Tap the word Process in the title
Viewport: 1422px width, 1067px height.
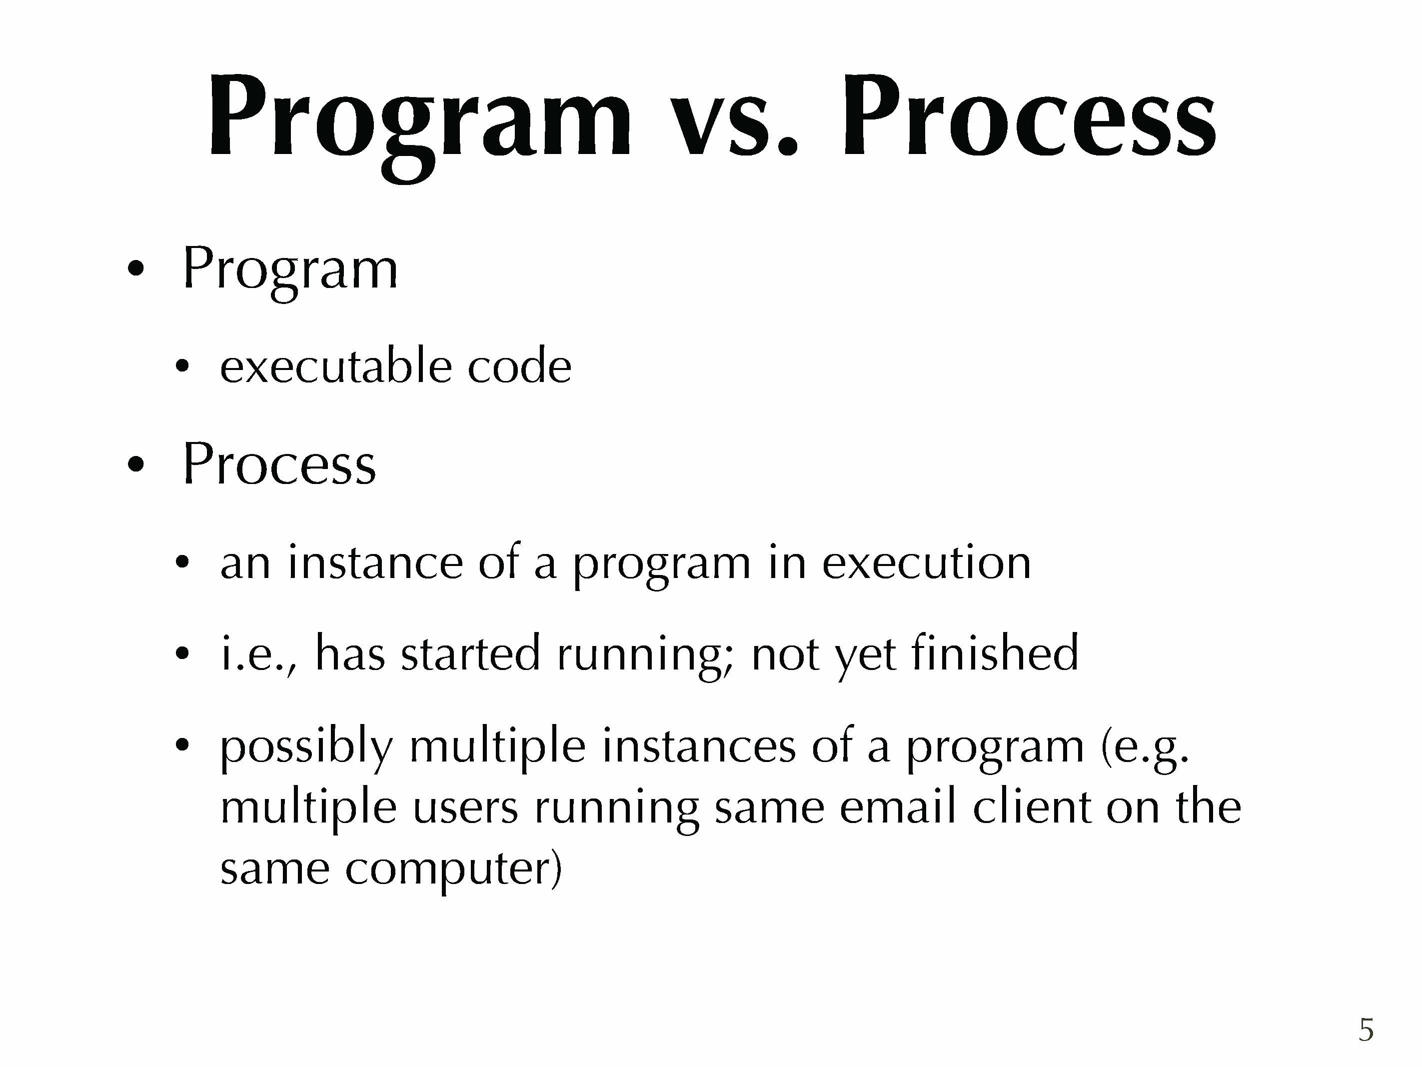[x=1029, y=116]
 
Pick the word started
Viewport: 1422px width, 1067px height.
[x=470, y=653]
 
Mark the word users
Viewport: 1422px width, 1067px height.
[x=465, y=809]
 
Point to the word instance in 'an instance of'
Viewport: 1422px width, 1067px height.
[x=375, y=561]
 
